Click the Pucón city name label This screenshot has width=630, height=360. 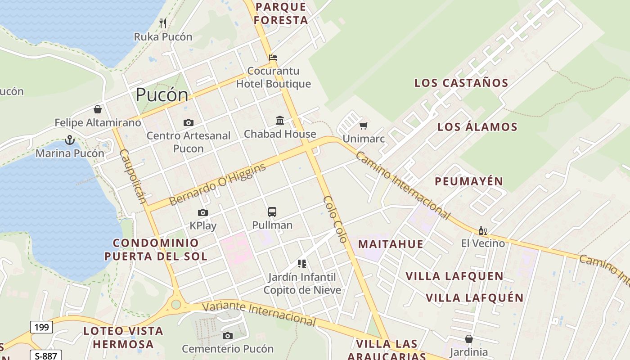162,95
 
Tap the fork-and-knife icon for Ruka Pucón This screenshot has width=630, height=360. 163,23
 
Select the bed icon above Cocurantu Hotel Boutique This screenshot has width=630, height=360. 273,57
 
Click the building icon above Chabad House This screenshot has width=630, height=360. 280,120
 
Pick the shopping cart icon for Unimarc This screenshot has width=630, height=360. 364,125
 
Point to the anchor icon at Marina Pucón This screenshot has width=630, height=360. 69,140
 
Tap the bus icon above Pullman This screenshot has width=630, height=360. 272,211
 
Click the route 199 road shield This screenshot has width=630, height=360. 41,327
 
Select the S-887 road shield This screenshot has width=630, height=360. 46,355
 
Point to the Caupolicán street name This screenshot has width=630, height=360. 133,176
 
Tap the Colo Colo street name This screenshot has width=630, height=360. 336,219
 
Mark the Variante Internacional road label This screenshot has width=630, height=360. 259,314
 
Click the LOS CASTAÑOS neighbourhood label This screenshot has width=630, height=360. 461,83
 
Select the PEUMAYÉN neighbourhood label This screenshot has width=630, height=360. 469,181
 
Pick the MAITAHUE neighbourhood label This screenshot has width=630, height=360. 391,244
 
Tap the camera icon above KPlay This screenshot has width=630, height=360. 203,212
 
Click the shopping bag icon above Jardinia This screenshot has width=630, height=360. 469,339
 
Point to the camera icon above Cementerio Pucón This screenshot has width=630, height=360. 228,336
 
